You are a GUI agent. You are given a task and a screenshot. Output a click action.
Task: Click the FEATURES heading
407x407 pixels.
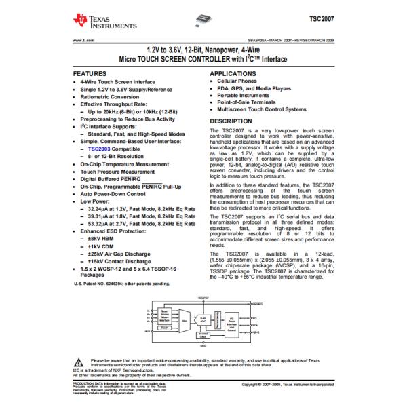[90, 73]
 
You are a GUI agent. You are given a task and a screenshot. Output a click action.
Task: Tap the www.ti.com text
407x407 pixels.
[81, 40]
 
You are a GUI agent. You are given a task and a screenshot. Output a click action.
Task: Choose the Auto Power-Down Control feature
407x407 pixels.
[113, 194]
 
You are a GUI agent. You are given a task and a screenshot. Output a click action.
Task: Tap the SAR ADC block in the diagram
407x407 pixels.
[203, 317]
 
